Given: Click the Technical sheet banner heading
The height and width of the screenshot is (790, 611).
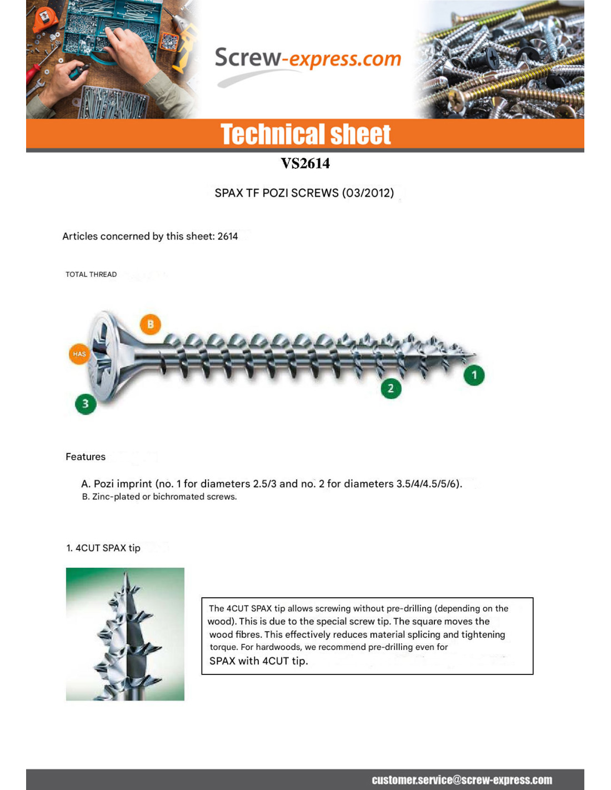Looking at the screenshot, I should pyautogui.click(x=305, y=134).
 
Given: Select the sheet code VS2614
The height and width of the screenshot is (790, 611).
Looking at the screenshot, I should pyautogui.click(x=305, y=163).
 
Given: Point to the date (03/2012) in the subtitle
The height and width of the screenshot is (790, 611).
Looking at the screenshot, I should pyautogui.click(x=368, y=193).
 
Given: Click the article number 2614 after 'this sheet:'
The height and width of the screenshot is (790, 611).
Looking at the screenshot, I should pyautogui.click(x=227, y=236).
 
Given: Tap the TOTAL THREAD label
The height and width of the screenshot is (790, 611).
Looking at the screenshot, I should pyautogui.click(x=91, y=274).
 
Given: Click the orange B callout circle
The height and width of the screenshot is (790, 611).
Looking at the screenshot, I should pyautogui.click(x=150, y=324).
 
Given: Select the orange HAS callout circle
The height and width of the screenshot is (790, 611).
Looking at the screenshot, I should pyautogui.click(x=79, y=354).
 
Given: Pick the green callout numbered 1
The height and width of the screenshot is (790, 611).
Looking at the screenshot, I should pyautogui.click(x=474, y=375).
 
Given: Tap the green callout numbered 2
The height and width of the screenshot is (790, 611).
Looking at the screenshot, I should pyautogui.click(x=390, y=388).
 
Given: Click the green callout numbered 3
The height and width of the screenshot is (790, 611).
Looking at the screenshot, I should pyautogui.click(x=86, y=403).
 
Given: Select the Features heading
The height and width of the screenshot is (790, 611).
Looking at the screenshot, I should pyautogui.click(x=86, y=457).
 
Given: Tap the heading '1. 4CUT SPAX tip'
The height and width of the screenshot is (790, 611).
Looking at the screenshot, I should pyautogui.click(x=103, y=548).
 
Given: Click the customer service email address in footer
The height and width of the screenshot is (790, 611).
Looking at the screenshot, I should pyautogui.click(x=462, y=780).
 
